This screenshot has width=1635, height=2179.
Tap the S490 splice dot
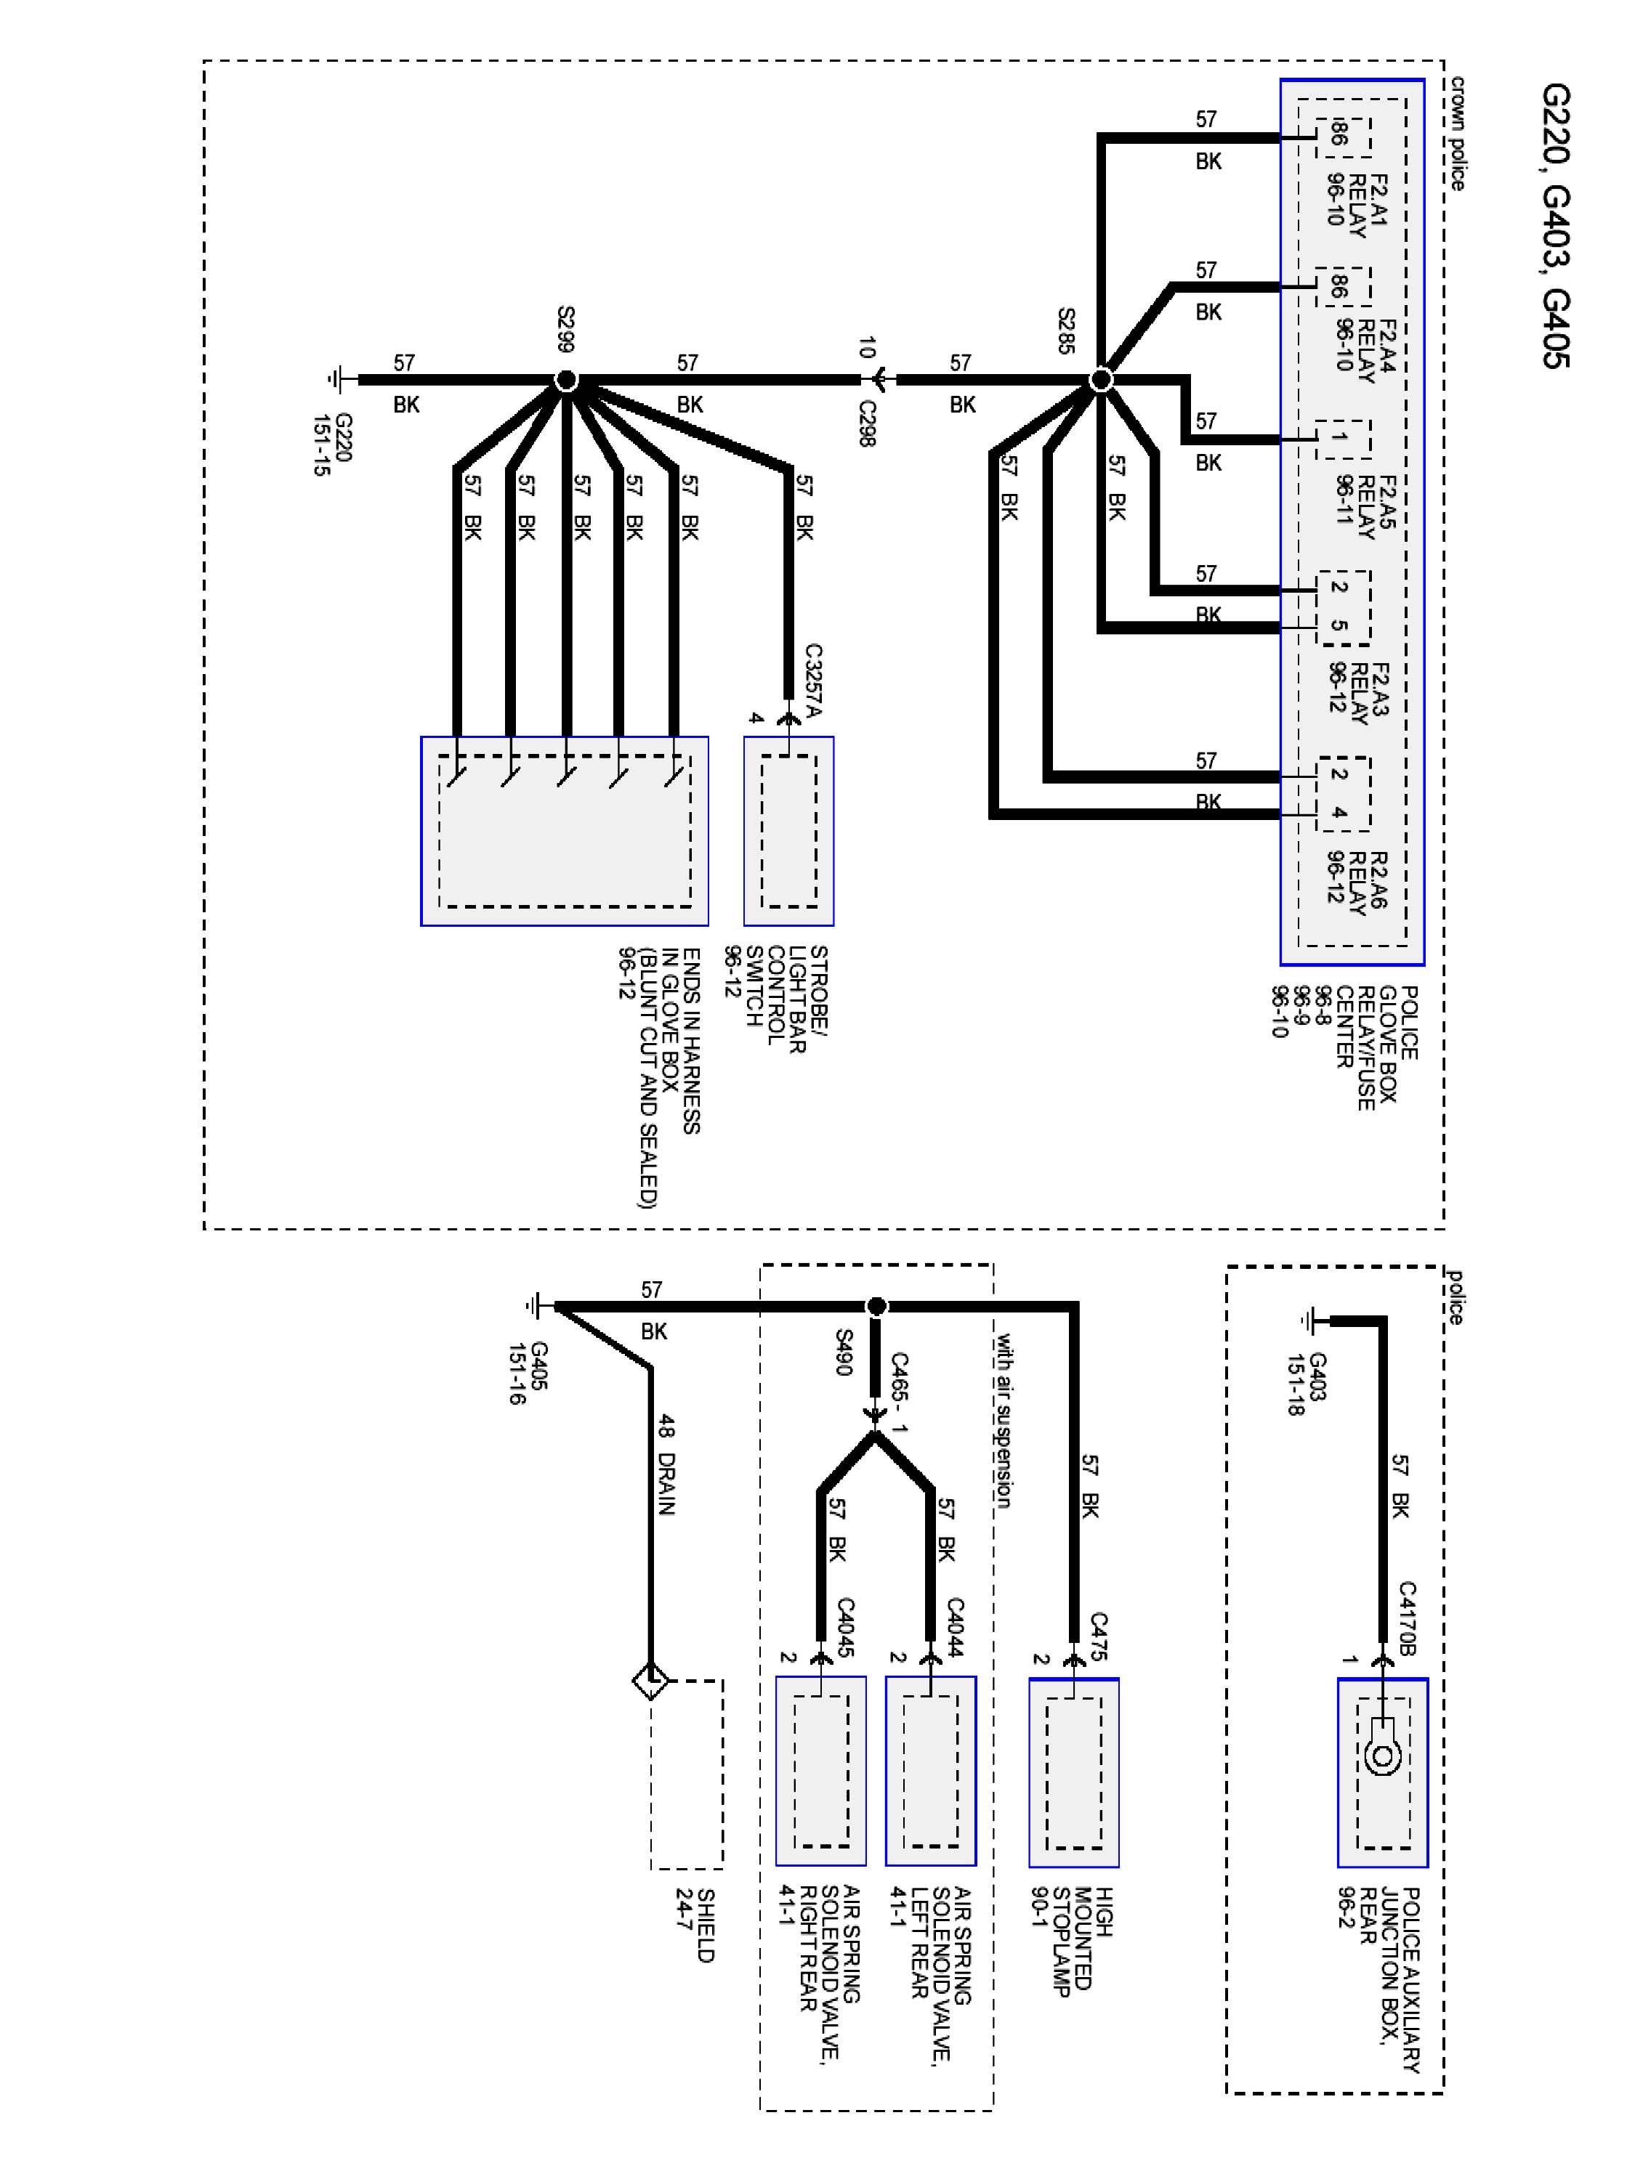[876, 1306]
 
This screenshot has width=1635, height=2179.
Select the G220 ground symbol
[338, 379]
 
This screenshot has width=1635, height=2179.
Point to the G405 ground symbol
[534, 1306]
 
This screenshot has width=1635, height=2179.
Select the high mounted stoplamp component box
[1073, 1772]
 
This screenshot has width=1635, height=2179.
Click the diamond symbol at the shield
[650, 1681]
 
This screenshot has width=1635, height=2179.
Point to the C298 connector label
[866, 423]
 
